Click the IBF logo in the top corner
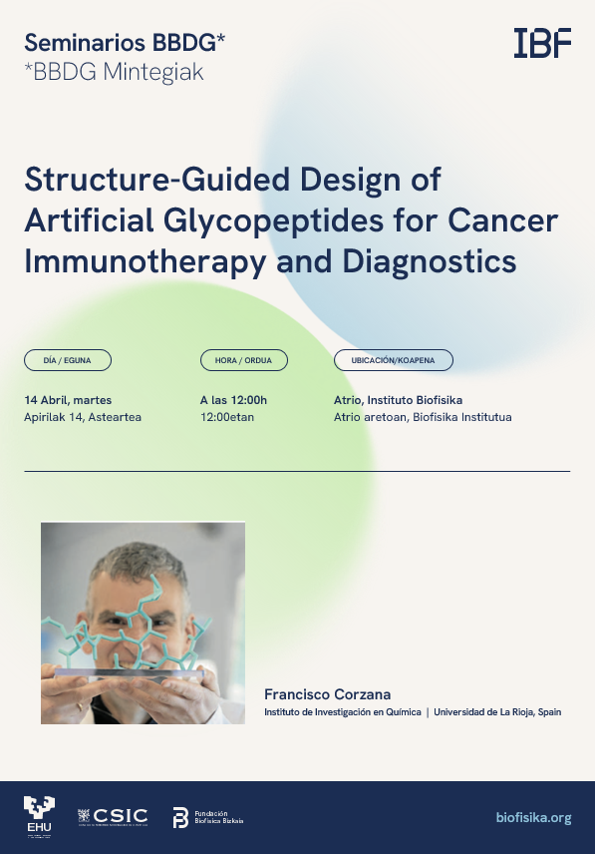pyautogui.click(x=542, y=43)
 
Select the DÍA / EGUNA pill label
pyautogui.click(x=68, y=360)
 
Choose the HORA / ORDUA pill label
pyautogui.click(x=243, y=360)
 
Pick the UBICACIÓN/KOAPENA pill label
pyautogui.click(x=393, y=360)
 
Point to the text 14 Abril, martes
pyautogui.click(x=68, y=400)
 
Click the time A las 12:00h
pyautogui.click(x=233, y=400)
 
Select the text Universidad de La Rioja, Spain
pyautogui.click(x=497, y=712)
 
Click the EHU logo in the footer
pyautogui.click(x=40, y=817)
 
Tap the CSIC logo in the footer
pyautogui.click(x=113, y=816)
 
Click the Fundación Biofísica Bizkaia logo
pyautogui.click(x=207, y=817)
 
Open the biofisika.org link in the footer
pyautogui.click(x=533, y=818)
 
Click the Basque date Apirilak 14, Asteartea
pyautogui.click(x=83, y=417)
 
